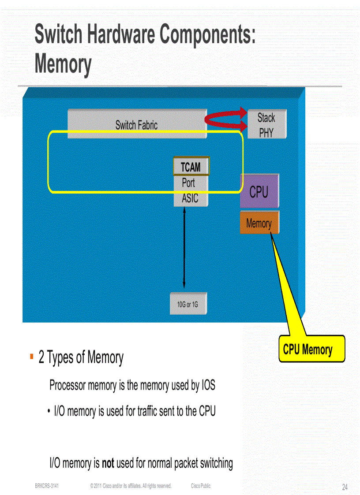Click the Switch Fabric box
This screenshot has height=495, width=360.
coord(137,124)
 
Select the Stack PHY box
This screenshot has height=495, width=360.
coord(266,124)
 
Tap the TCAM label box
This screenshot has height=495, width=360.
coord(191,167)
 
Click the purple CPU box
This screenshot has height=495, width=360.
coord(259,191)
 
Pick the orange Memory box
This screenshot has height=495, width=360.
coord(259,223)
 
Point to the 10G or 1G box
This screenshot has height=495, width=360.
coord(188,304)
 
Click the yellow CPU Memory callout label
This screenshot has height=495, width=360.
coord(311,349)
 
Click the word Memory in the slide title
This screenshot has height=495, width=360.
coord(63,64)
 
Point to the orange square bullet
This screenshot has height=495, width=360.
coord(32,356)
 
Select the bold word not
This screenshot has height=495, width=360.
coord(108,463)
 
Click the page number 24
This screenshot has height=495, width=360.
coord(345,487)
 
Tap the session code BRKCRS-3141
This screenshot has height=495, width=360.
coord(47,486)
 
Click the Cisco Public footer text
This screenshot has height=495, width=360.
coord(201,486)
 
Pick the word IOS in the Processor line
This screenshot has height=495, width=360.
coord(208,386)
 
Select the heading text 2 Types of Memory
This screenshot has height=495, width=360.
coord(81,357)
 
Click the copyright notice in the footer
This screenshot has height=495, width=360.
coord(130,486)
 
